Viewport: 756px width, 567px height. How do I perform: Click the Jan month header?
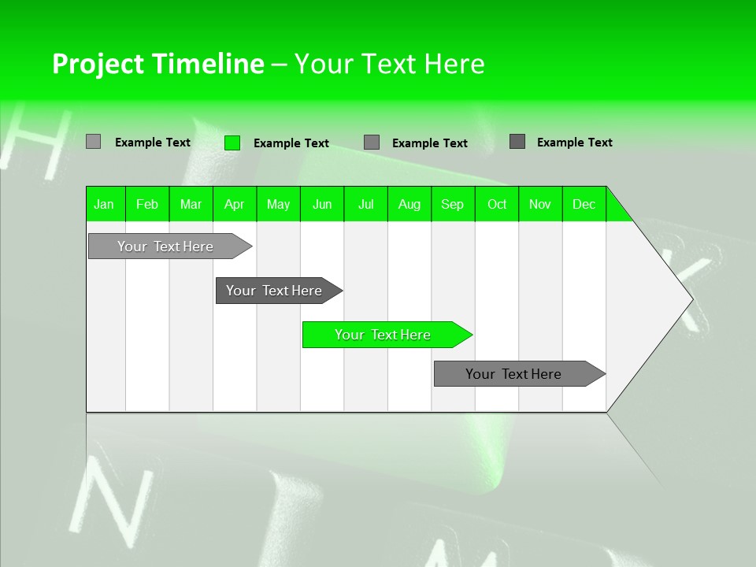coord(105,204)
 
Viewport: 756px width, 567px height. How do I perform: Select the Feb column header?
coord(147,204)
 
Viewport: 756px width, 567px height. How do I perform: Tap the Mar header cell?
coord(191,204)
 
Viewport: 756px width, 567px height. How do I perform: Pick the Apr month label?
coord(235,204)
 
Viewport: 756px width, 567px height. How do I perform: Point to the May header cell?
coord(278,204)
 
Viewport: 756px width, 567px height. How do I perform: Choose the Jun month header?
coord(322,204)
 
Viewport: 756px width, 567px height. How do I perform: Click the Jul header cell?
coord(366,204)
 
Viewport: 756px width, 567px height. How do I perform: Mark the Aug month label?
coord(409,204)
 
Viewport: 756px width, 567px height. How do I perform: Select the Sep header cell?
coord(453,204)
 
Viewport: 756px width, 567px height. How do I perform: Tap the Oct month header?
coord(497,204)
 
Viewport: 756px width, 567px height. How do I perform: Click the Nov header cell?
coord(540,204)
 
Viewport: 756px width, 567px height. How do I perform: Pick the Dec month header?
coord(584,204)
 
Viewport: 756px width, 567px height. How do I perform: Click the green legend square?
coord(232,143)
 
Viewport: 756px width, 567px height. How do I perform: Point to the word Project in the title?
coord(99,64)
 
